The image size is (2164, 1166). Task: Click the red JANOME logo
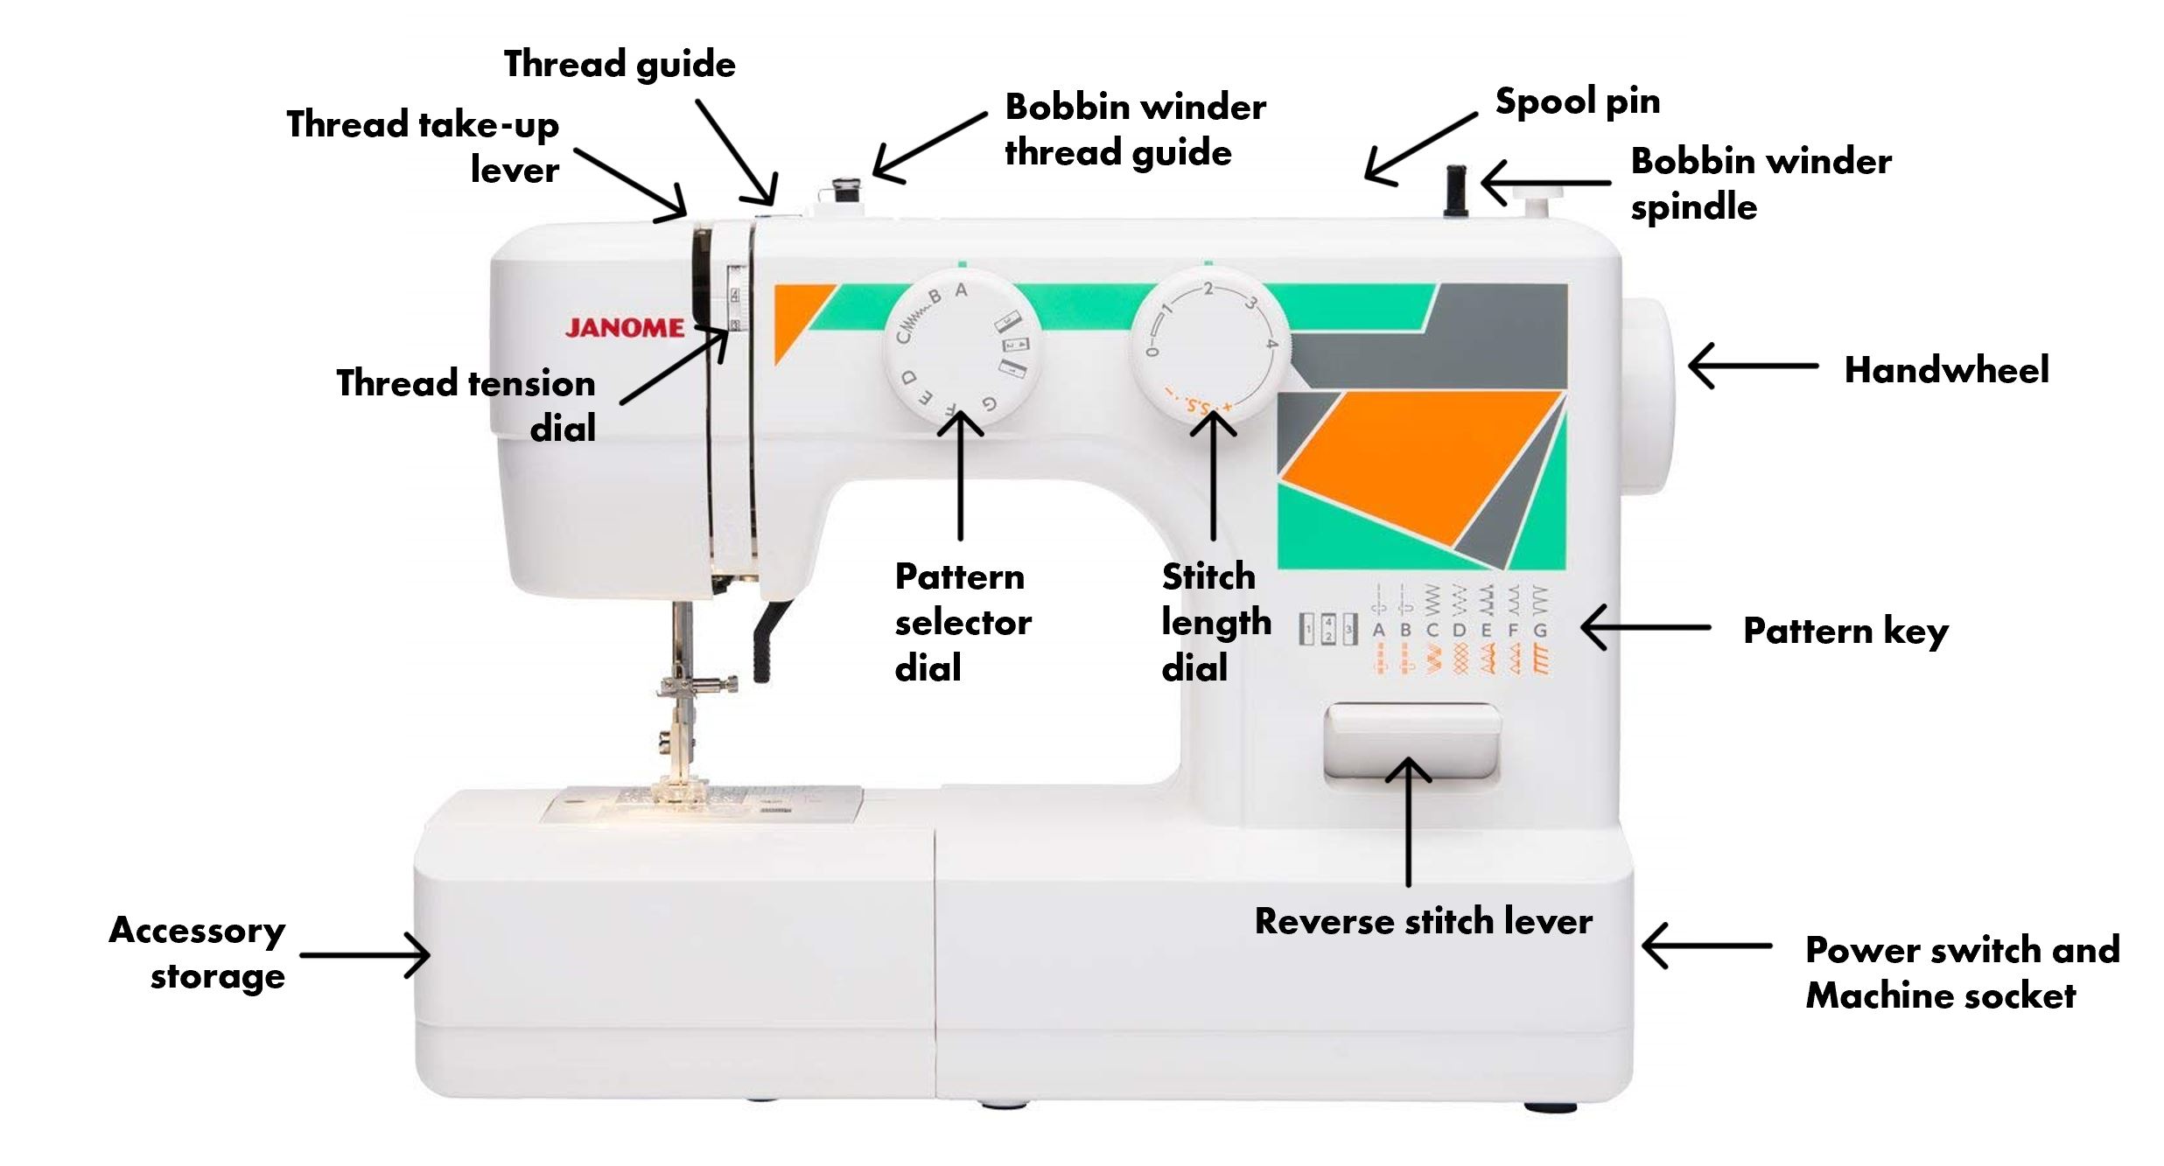(625, 328)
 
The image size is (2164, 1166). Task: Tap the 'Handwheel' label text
(1946, 370)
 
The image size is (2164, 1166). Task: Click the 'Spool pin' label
(1577, 101)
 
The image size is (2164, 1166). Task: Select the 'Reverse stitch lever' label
(1423, 921)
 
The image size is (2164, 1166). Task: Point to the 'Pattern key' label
(1845, 631)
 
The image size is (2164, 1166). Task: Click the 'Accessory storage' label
(198, 953)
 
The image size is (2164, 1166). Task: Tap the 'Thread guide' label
(620, 64)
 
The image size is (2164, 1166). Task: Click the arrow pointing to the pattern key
(1645, 627)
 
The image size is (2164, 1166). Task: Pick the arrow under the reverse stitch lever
(1408, 822)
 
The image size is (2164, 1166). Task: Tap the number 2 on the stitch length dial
(1208, 290)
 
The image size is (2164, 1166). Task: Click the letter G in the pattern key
(1540, 630)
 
